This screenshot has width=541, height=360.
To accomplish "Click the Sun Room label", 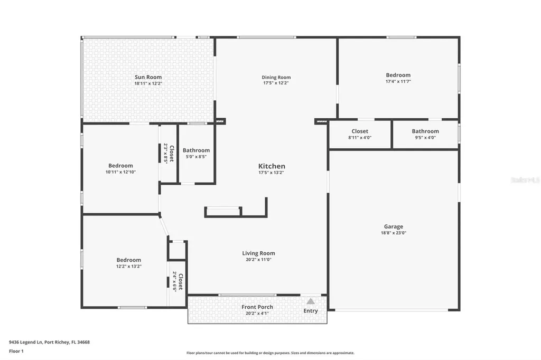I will point(148,78).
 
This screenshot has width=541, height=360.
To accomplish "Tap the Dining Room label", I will point(276,78).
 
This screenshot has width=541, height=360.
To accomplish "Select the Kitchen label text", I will point(272,166).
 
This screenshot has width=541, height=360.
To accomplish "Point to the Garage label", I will point(394,226).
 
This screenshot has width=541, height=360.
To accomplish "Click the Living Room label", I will point(258,253).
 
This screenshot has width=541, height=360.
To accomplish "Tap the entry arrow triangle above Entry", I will point(311,301).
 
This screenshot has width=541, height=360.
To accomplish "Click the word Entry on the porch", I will point(311,311).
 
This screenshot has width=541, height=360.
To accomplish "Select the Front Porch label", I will point(257,307).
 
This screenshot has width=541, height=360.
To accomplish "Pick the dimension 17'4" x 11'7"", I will point(398,82).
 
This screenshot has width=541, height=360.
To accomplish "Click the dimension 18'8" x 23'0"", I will point(394,233).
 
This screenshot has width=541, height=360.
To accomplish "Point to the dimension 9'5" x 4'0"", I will point(425,138).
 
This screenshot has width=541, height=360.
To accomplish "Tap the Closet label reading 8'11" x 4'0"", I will point(360,131).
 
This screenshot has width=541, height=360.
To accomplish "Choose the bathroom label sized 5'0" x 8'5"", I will point(196,150).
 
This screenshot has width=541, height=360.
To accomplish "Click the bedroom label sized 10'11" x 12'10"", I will point(120,166).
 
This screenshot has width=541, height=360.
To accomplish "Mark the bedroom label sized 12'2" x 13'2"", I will point(129,260).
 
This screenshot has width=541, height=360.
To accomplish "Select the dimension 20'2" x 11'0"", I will point(258,260).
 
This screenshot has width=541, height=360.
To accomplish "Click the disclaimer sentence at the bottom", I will point(270,353).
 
